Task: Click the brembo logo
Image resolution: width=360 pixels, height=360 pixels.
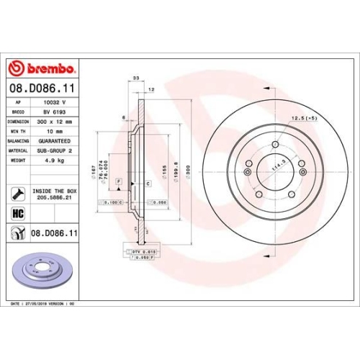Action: tap(41, 68)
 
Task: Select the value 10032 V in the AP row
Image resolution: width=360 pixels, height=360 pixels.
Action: tap(53, 104)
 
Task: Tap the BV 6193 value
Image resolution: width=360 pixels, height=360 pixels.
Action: tap(53, 114)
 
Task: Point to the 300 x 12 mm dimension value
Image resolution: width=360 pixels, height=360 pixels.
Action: tap(56, 122)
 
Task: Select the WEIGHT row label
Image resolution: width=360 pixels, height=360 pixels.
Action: tap(19, 161)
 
